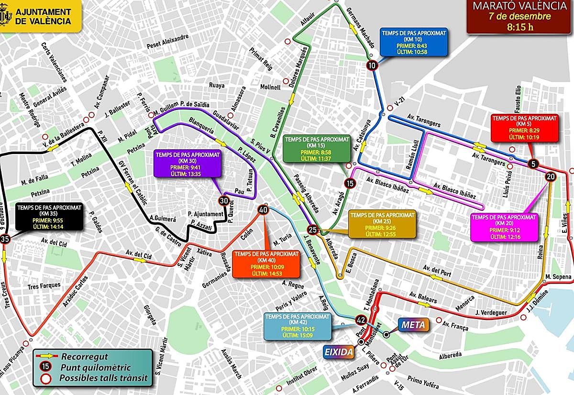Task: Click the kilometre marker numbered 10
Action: point(372,66)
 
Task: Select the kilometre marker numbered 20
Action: point(550,176)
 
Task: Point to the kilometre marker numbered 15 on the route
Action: point(350,183)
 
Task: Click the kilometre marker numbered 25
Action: point(312,229)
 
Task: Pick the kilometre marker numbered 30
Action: point(223,200)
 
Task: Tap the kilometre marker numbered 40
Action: point(263,209)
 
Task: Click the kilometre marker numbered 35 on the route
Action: point(5,239)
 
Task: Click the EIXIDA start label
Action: point(339,352)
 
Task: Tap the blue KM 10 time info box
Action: point(414,42)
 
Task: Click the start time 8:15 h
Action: point(520,26)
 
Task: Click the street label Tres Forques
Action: point(44,285)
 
